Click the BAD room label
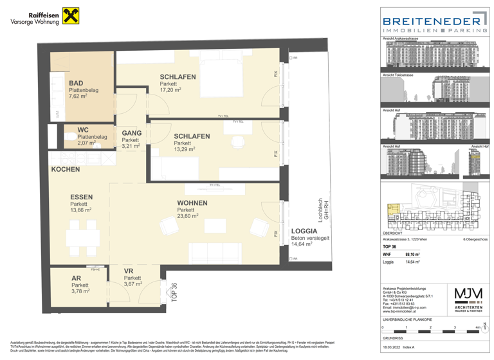[76, 83]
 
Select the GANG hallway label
[132, 133]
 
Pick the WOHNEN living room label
[192, 203]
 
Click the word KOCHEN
[66, 169]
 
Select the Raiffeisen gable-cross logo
[69, 17]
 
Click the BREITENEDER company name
[434, 21]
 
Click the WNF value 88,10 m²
[414, 254]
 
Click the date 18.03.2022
[393, 346]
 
